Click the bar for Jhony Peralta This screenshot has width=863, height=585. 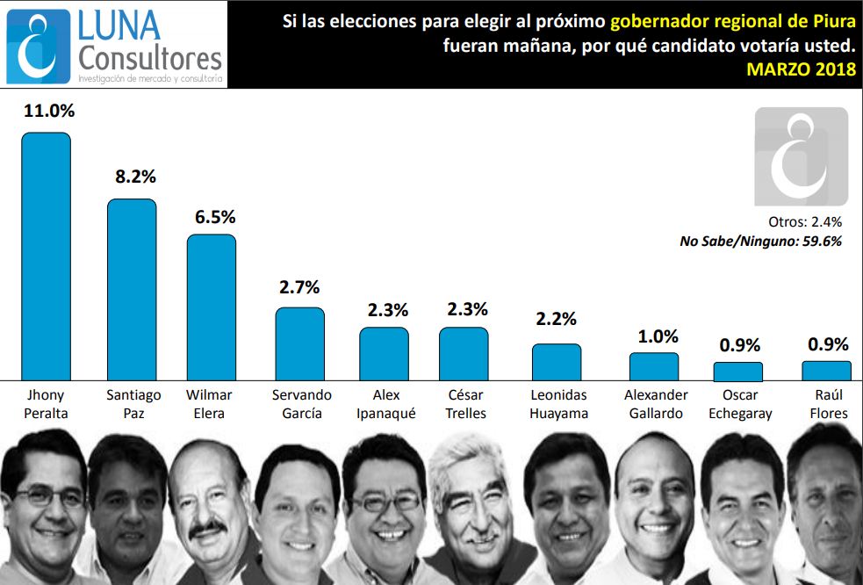[46, 256]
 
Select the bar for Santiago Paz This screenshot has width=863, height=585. [132, 289]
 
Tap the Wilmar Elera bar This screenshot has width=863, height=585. [212, 307]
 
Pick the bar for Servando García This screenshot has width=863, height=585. [300, 343]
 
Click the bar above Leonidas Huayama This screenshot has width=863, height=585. [557, 361]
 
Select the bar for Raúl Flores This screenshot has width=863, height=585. [826, 370]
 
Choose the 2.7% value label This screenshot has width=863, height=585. [299, 286]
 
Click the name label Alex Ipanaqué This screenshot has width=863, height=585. [384, 404]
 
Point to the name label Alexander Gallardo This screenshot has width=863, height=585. [655, 404]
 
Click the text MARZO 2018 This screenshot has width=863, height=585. [801, 70]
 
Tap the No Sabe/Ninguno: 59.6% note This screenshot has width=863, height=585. [760, 241]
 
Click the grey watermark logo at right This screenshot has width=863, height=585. [801, 156]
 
